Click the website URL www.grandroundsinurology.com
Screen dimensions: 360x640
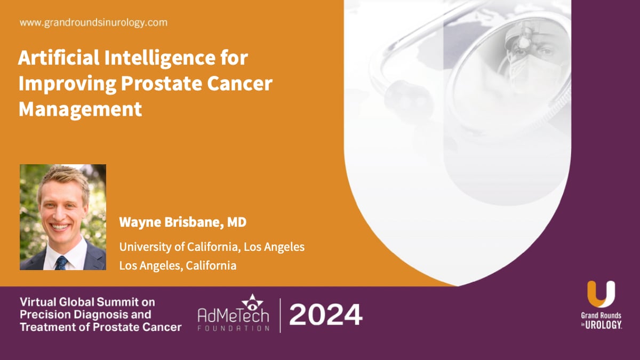[x=93, y=23]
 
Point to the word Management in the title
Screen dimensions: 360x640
[x=80, y=109]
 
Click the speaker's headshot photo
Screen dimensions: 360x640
[x=63, y=217]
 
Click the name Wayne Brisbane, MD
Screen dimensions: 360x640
[x=182, y=222]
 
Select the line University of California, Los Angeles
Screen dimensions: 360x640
[x=212, y=247]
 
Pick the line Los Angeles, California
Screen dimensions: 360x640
[x=178, y=265]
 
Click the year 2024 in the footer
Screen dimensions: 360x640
[x=326, y=315]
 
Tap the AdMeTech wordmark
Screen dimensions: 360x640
[x=234, y=316]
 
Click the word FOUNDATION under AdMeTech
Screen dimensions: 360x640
[x=234, y=328]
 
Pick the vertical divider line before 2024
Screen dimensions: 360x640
[x=280, y=315]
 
